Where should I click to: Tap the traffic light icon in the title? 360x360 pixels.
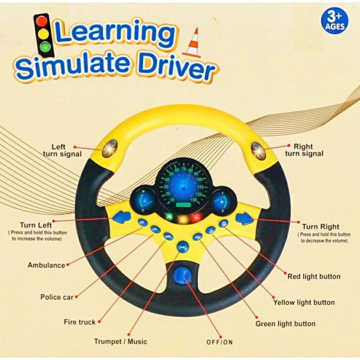coord(44,36)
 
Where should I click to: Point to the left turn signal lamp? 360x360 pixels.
coord(110,149)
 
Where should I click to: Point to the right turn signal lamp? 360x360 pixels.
coord(258,151)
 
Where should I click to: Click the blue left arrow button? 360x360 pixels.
coord(121,217)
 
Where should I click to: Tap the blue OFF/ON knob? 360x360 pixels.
coord(181,275)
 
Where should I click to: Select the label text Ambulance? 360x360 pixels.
coord(46,265)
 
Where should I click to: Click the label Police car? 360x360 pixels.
coord(57,297)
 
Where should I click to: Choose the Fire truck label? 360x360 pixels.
coord(80,322)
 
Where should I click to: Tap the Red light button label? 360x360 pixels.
coord(314,276)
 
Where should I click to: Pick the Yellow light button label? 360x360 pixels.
coord(304,302)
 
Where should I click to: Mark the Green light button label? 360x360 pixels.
coord(285,324)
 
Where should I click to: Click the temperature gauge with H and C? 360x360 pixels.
coord(143,200)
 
